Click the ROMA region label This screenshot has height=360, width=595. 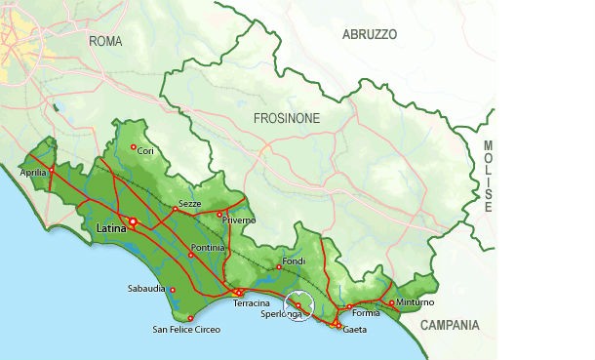(x=105, y=41)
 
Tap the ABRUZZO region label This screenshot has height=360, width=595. (x=370, y=34)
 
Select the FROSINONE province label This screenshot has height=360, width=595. (x=287, y=117)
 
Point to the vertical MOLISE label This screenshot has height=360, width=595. (x=488, y=177)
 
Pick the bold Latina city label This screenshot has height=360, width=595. (x=113, y=228)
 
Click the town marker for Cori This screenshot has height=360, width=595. (x=134, y=147)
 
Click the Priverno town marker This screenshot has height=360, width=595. (x=220, y=213)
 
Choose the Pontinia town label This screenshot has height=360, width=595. (x=208, y=248)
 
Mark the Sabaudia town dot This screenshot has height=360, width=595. (x=173, y=290)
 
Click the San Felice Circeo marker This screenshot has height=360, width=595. (x=191, y=318)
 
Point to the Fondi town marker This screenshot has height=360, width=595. (x=280, y=267)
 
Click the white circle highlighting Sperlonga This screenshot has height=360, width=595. (x=299, y=305)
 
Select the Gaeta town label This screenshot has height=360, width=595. (x=355, y=329)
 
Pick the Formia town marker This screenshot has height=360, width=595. (x=348, y=307)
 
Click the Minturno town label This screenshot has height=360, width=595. (x=416, y=303)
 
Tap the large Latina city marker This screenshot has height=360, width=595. (x=133, y=221)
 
